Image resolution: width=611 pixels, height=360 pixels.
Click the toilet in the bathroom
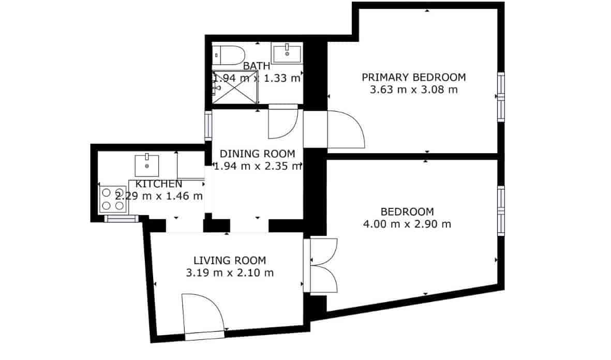click(230, 54)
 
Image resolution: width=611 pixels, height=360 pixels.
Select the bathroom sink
click(287, 53)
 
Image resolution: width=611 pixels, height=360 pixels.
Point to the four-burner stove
click(113, 199)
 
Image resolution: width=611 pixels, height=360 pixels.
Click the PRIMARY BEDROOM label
click(413, 78)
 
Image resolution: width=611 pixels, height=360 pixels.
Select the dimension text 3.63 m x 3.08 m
click(413, 89)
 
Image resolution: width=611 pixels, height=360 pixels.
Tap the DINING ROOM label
click(258, 154)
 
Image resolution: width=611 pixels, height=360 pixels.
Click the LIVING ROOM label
click(230, 260)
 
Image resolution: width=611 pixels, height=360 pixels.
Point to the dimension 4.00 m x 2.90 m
click(407, 224)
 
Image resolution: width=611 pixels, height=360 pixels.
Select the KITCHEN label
click(158, 184)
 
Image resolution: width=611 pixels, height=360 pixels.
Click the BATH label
click(257, 66)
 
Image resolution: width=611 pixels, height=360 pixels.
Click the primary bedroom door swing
click(346, 129)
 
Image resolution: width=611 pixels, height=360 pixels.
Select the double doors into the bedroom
click(323, 265)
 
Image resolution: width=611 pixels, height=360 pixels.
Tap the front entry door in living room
click(203, 316)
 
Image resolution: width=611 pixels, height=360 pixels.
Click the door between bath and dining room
click(282, 122)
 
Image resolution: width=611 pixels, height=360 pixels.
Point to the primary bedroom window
click(501, 97)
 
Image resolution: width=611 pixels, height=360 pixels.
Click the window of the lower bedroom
click(501, 211)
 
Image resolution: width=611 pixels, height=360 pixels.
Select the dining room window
click(208, 125)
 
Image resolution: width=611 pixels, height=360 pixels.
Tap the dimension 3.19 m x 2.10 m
click(230, 273)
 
